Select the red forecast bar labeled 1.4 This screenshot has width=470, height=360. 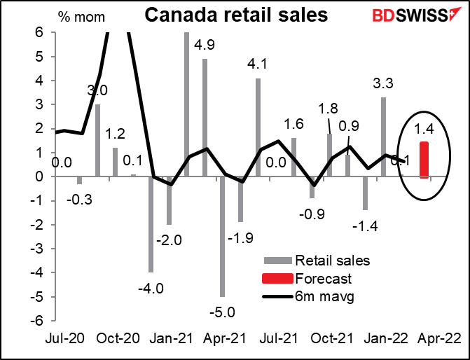(x=424, y=160)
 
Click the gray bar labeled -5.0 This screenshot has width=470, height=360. (x=223, y=236)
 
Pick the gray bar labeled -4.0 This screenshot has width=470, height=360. (x=151, y=224)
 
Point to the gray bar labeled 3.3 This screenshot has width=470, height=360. (x=383, y=137)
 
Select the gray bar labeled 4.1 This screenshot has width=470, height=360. (x=258, y=127)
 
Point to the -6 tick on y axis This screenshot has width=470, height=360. (x=41, y=319)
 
